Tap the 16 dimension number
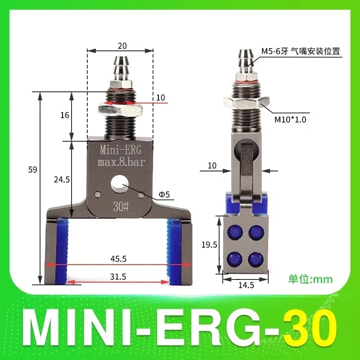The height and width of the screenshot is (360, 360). coord(65,115)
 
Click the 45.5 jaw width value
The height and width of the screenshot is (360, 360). coord(120,259)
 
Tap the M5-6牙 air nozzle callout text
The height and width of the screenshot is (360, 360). coord(300,52)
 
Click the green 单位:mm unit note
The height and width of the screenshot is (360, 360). coord(310,279)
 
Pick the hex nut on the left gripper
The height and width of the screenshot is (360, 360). coord(120,108)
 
